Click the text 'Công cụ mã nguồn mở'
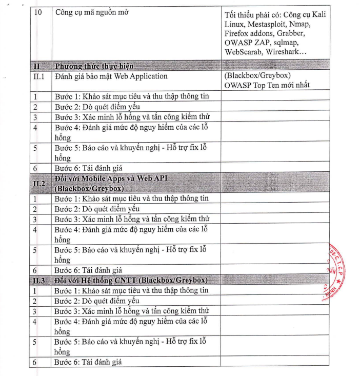point(92,12)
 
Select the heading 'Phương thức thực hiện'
point(94,67)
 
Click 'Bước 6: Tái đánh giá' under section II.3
point(88,362)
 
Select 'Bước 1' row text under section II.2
point(131,198)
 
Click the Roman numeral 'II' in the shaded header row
point(37,67)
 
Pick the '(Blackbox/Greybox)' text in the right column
point(257,76)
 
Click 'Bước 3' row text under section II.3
point(132,311)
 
